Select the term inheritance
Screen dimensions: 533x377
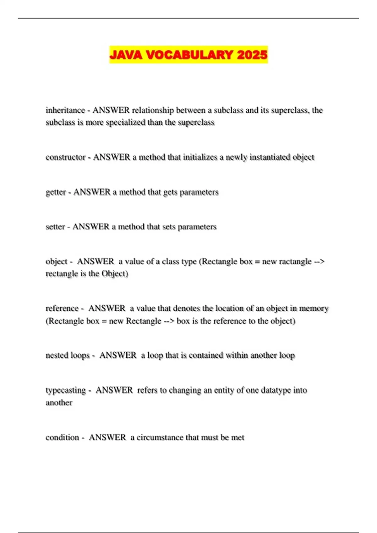click(65, 110)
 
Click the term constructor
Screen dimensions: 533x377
click(66, 157)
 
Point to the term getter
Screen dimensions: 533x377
click(56, 192)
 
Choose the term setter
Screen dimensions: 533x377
click(55, 227)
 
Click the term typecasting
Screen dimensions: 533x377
click(66, 390)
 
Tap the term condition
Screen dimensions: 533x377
click(62, 437)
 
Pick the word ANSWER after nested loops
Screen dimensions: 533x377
click(118, 355)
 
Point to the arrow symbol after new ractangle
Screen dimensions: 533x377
click(319, 261)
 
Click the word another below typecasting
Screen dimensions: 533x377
click(59, 403)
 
